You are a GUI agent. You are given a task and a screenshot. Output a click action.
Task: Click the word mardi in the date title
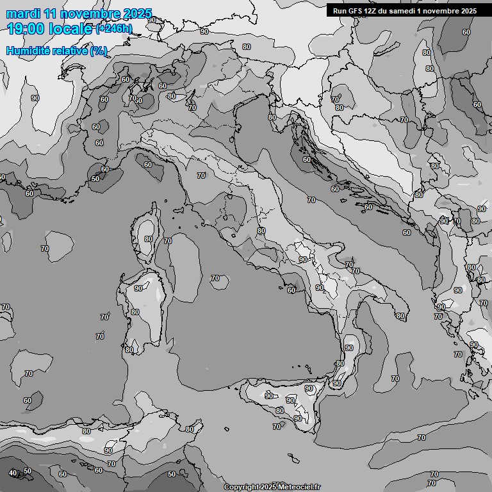pos(23,13)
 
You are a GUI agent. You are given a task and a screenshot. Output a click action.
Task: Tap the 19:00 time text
pos(26,29)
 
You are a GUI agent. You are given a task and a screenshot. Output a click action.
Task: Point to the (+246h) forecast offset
pos(114,29)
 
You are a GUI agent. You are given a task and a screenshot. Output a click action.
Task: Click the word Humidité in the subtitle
pos(27,51)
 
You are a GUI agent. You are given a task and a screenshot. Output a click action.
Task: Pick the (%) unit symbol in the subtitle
pos(99,51)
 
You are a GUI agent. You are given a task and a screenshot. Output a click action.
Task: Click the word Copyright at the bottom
pos(242,488)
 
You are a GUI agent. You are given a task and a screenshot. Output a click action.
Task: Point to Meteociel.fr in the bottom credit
pos(299,488)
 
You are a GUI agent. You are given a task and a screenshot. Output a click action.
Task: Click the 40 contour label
pos(13,473)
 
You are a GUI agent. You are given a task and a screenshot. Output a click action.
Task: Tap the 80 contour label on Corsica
pos(149,239)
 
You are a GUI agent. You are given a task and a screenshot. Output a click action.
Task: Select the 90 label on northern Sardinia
pos(138,288)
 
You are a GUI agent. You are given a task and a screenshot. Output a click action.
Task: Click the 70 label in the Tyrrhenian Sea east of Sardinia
pos(215,279)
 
